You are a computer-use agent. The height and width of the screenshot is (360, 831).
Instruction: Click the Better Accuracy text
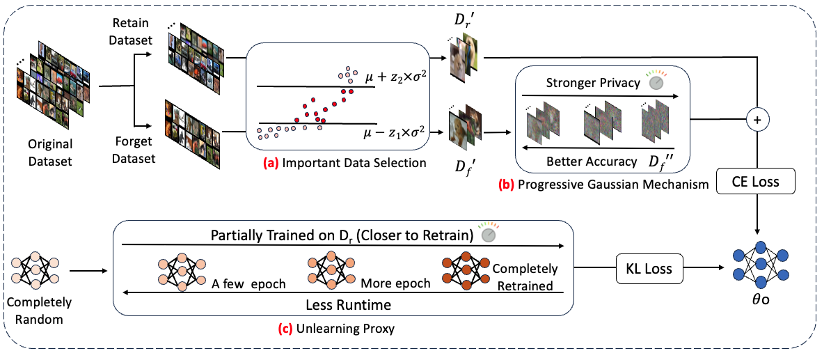click(x=592, y=162)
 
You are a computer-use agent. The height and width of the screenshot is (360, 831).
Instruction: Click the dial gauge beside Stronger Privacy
click(x=655, y=81)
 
